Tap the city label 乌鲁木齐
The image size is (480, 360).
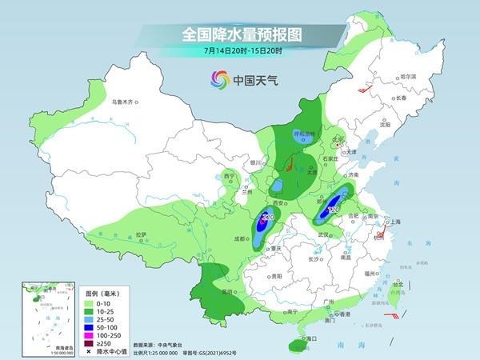coord(126,102)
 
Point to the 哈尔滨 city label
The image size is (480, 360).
coord(408,76)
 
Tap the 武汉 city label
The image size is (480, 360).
coord(323,234)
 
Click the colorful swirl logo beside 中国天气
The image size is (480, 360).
coord(218,79)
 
